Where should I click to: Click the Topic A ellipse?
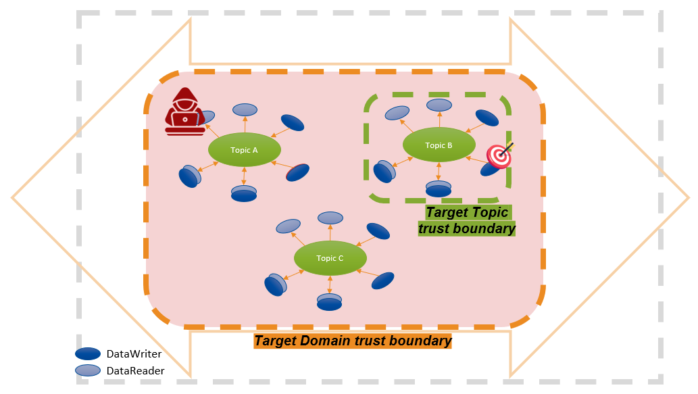244,150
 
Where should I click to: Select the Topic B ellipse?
439,145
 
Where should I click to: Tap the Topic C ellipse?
330,258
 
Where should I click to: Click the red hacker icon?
185,112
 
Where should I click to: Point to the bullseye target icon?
499,155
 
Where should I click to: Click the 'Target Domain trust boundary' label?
353,341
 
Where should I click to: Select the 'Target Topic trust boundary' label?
466,220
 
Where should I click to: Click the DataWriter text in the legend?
134,353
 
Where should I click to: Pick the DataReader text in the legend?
135,370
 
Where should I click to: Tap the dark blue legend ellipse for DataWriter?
89,353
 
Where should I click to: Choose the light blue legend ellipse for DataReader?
89,370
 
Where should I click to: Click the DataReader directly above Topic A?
245,109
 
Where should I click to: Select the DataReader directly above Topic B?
439,105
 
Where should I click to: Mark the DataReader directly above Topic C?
330,218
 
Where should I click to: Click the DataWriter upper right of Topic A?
292,122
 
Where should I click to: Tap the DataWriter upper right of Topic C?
378,230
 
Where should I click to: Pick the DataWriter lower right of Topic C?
382,280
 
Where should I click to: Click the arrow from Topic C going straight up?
330,233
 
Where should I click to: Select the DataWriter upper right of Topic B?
487,118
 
